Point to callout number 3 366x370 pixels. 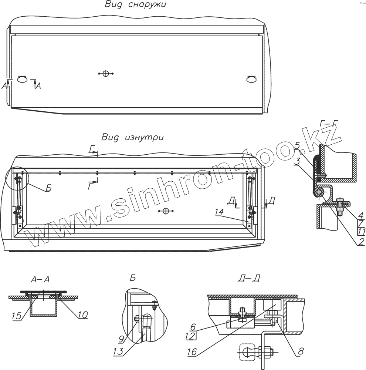(297, 162)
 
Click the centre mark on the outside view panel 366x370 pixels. (105, 74)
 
